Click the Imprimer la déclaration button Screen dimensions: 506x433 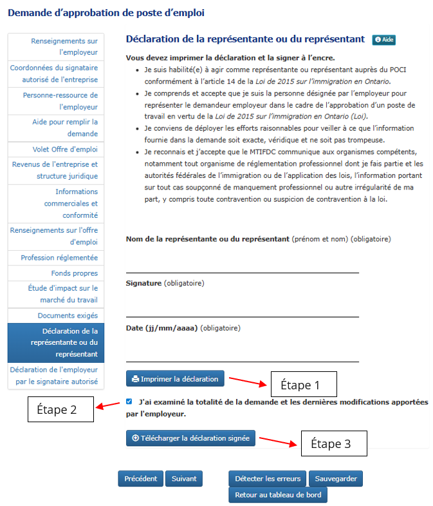(x=175, y=379)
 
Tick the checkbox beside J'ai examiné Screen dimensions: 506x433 (x=129, y=401)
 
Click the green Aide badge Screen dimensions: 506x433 (x=383, y=40)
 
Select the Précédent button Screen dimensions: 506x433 (x=140, y=479)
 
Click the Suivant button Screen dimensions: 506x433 (x=183, y=479)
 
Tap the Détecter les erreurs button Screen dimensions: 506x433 (x=267, y=479)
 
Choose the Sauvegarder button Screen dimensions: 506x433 (x=336, y=479)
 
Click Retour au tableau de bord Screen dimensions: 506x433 (x=278, y=495)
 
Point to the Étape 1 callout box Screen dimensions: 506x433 (x=304, y=385)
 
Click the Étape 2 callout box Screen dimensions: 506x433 (x=60, y=409)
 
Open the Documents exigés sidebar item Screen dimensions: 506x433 (x=68, y=316)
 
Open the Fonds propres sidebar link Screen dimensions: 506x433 (x=74, y=274)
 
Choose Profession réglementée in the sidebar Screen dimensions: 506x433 (x=59, y=258)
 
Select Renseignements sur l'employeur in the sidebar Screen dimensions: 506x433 (x=64, y=46)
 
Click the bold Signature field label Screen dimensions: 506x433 (x=143, y=283)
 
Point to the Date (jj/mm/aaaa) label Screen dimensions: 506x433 (x=161, y=328)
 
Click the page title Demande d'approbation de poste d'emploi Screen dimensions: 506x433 (x=106, y=12)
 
